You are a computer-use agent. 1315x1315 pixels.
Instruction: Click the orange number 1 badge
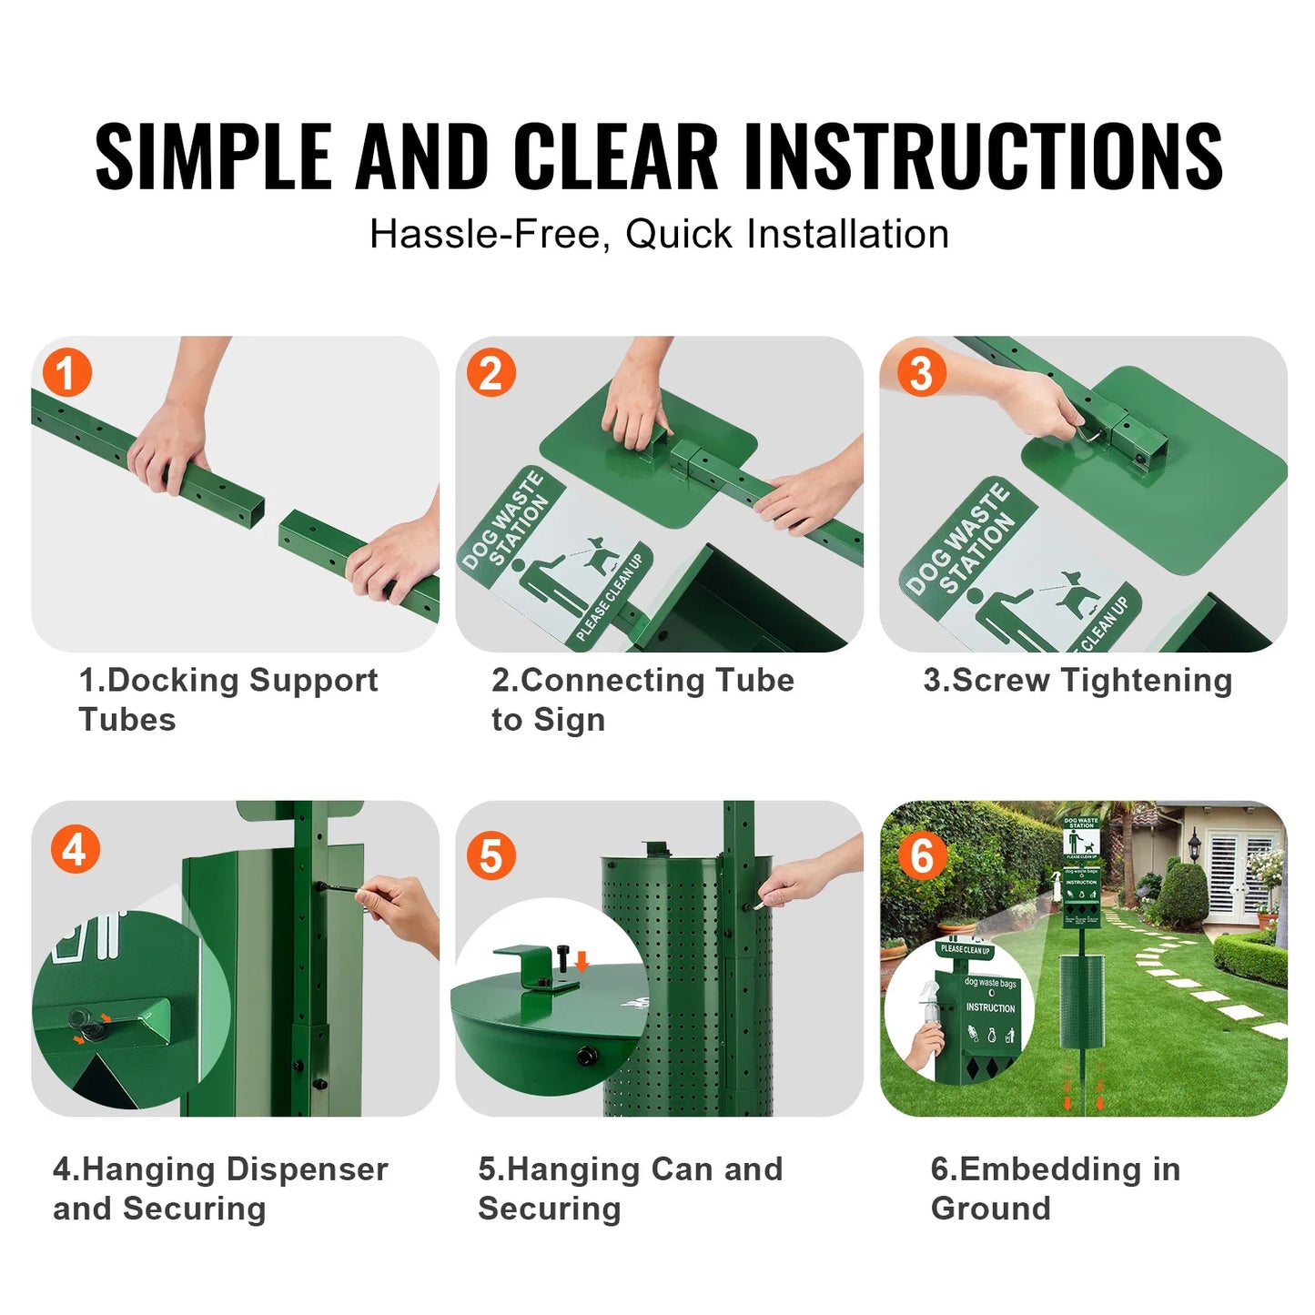(66, 373)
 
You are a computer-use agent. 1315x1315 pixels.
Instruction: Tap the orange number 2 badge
(491, 373)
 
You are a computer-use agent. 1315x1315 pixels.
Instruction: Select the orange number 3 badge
(921, 373)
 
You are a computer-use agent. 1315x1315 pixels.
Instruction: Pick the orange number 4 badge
(75, 849)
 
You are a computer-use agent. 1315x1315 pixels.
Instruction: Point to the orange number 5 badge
(491, 855)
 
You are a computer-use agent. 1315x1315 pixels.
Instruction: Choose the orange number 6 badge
(922, 855)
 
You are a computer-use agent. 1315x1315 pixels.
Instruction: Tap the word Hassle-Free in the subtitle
(485, 235)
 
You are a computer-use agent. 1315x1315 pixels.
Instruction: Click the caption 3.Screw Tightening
(1077, 681)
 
